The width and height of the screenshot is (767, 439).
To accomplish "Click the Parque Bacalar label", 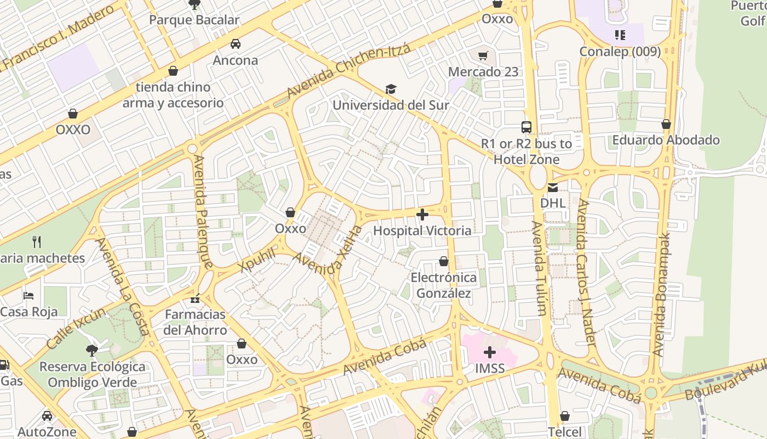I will point(194,20).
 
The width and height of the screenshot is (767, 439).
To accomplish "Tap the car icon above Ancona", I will point(236,44).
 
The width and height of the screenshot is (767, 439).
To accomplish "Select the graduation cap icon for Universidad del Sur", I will point(391,89).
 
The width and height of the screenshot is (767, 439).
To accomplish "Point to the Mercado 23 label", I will point(483,72).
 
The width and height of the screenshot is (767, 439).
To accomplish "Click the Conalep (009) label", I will point(620,52).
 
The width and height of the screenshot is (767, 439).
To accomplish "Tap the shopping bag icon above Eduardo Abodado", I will point(666,124).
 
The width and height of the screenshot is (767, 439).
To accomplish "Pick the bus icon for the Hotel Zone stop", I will point(526,127).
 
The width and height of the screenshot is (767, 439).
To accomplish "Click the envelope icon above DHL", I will point(552,188).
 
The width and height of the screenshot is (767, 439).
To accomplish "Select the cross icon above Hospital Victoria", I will point(422,215).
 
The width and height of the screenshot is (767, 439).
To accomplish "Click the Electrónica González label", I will point(444,285).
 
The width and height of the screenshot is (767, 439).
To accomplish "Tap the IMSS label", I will point(489,368).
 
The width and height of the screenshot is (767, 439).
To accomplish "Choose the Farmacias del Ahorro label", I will point(195,322).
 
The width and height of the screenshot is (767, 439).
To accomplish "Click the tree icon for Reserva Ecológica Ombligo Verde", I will point(92,350).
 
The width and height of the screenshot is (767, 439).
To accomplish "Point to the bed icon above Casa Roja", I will point(29,296).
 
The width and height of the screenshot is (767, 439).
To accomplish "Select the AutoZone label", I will point(47,432).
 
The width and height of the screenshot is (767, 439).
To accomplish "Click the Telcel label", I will point(565,432).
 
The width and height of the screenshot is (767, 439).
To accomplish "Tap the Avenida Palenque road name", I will point(202,211).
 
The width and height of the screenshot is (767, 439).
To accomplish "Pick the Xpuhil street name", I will point(257,259).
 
